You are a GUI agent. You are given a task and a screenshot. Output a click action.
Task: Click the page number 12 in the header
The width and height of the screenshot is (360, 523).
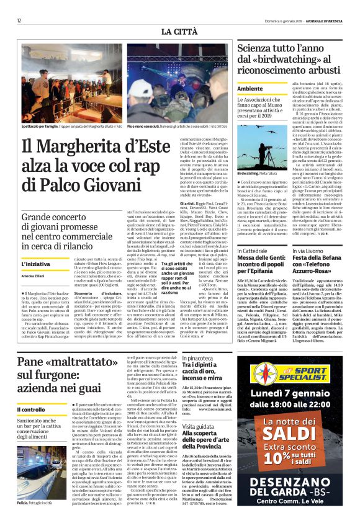coord(20,20)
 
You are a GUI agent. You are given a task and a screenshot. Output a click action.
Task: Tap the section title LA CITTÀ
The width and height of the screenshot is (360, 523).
coord(179,32)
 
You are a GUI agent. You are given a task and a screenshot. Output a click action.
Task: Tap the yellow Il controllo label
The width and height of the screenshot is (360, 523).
coord(31,410)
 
